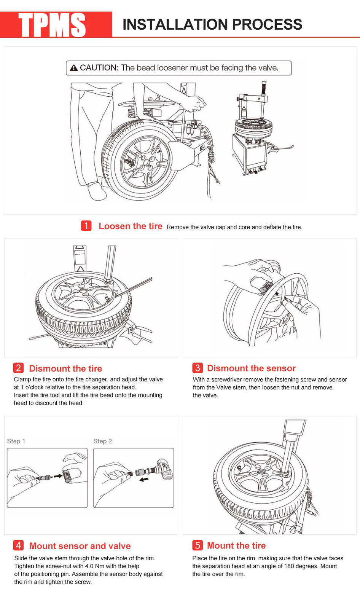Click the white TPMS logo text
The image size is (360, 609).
pos(53,25)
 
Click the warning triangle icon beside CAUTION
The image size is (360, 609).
pos(74,68)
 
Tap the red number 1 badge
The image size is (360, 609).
pos(86,226)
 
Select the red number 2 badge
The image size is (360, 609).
pos(18,368)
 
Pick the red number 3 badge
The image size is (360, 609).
pos(197,368)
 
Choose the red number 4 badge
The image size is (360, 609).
pos(18,545)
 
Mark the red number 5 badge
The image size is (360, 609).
pos(197,545)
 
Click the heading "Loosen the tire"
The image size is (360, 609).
pos(131,226)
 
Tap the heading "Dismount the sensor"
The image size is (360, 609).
pos(251,368)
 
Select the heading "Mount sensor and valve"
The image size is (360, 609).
pos(80,546)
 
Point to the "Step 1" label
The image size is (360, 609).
pos(16,441)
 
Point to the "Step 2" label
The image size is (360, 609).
pos(102,441)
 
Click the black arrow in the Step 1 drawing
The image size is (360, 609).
pos(58,476)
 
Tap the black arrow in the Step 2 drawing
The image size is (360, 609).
pos(144,480)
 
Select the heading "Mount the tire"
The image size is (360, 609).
pos(236,545)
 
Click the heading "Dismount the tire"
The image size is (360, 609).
pos(65,368)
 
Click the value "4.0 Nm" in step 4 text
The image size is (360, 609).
pos(94,566)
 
